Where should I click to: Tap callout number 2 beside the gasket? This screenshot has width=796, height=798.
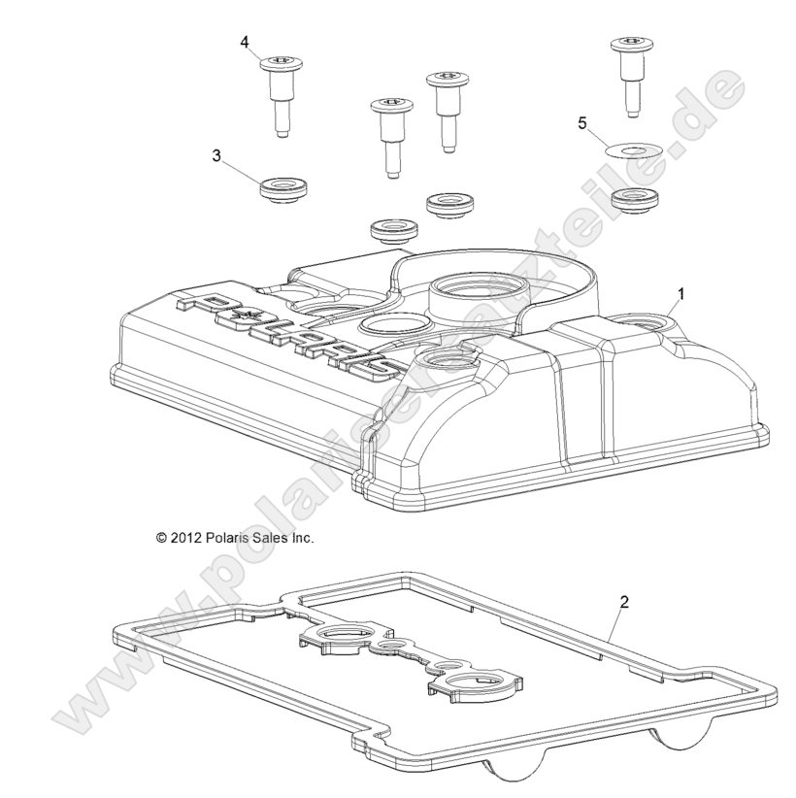click(624, 603)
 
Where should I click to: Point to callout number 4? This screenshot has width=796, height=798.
click(245, 42)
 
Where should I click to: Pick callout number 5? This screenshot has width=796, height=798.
click(582, 123)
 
